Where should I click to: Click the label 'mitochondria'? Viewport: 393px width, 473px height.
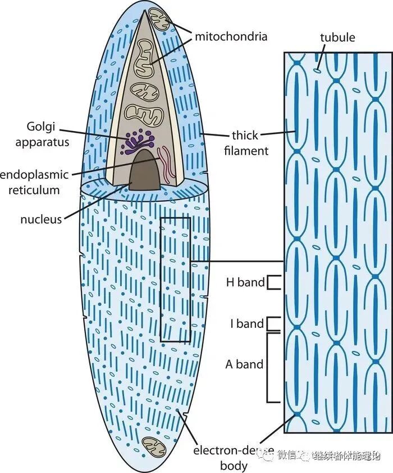pyautogui.click(x=231, y=37)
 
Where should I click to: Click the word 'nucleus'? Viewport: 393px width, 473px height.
pyautogui.click(x=41, y=220)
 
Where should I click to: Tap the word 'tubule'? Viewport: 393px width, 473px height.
pyautogui.click(x=338, y=38)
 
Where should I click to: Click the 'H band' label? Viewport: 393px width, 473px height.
pyautogui.click(x=245, y=282)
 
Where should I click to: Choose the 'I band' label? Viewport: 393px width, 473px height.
pyautogui.click(x=246, y=324)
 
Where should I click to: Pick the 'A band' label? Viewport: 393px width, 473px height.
pyautogui.click(x=244, y=364)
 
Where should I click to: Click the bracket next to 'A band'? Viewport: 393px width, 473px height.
pyautogui.click(x=272, y=367)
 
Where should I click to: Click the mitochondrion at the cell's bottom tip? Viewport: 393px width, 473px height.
pyautogui.click(x=152, y=445)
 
